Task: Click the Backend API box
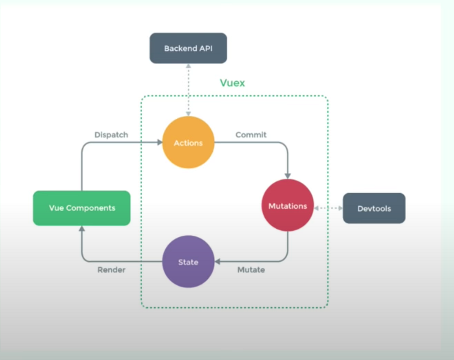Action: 188,48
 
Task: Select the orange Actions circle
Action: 188,143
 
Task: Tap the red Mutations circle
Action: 288,205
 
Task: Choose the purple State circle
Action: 188,262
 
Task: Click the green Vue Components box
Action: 82,208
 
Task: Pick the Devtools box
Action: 374,208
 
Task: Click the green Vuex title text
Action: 232,83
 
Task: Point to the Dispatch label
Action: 111,135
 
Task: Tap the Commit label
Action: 251,135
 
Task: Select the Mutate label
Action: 251,270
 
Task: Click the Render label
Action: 111,270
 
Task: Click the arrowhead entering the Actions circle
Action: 159,142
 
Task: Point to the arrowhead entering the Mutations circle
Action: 288,176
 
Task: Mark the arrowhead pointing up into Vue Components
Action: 81,229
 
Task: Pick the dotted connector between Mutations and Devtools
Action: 328,208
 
